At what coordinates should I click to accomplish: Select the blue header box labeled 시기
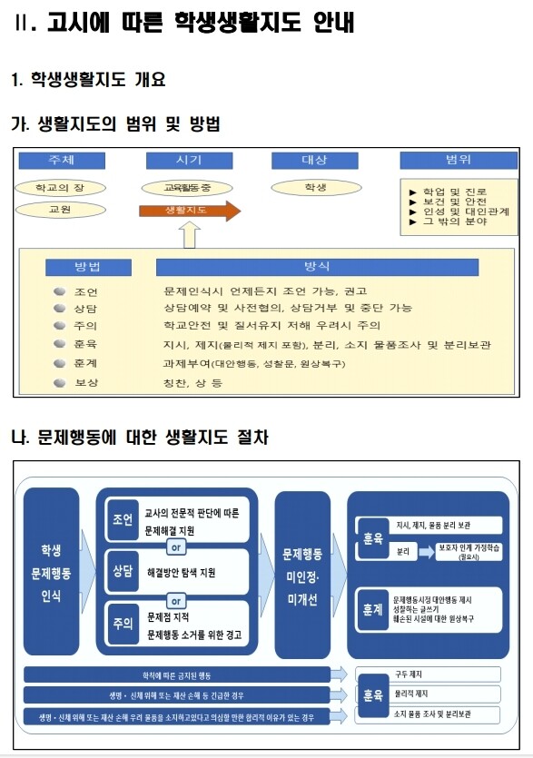pyautogui.click(x=189, y=161)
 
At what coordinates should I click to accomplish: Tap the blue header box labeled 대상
pyautogui.click(x=314, y=161)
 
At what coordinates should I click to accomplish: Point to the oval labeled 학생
pyautogui.click(x=314, y=188)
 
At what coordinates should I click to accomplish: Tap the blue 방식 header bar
pyautogui.click(x=317, y=267)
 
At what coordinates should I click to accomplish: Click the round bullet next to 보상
pyautogui.click(x=59, y=382)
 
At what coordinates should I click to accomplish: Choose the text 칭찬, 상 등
pyautogui.click(x=192, y=383)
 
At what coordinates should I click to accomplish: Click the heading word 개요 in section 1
pyautogui.click(x=146, y=80)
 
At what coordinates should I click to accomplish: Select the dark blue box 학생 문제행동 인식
pyautogui.click(x=52, y=572)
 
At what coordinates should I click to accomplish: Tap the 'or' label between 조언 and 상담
pyautogui.click(x=177, y=547)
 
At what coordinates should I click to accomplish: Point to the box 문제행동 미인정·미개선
pyautogui.click(x=301, y=572)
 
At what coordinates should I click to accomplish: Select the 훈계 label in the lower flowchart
pyautogui.click(x=371, y=611)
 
